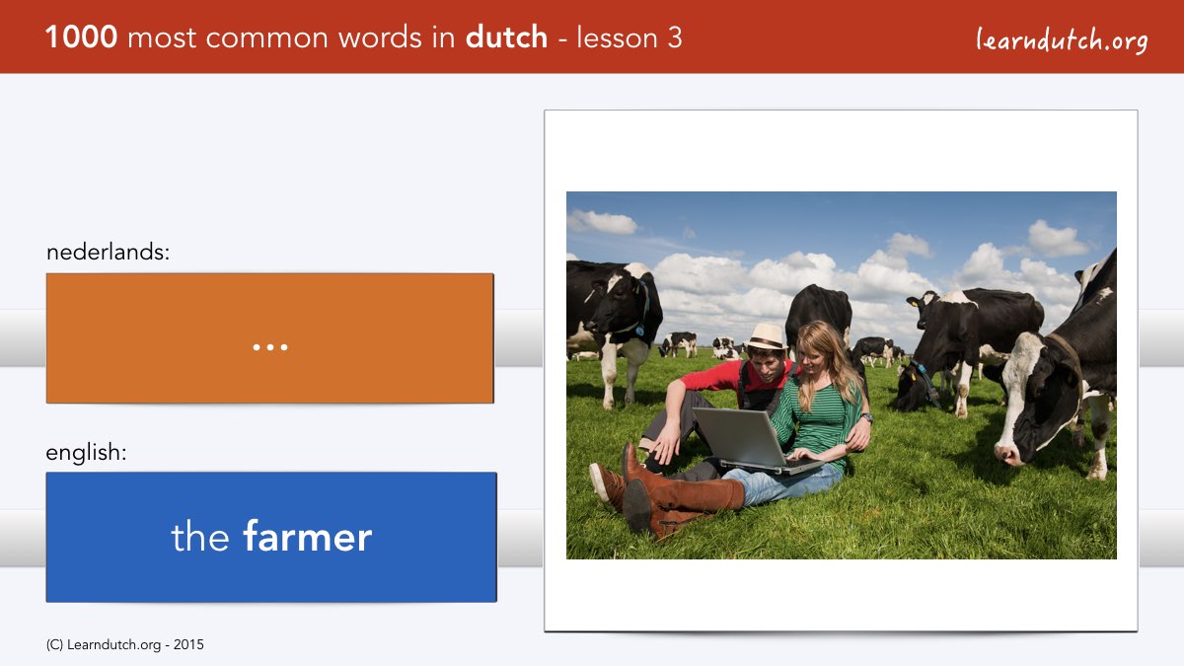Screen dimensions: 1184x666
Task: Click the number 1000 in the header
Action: (81, 37)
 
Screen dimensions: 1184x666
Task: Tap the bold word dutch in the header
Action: (506, 37)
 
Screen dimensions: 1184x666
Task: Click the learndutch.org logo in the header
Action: (1062, 39)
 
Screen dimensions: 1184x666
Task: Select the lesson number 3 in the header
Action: (675, 37)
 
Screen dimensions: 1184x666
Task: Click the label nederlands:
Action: (108, 252)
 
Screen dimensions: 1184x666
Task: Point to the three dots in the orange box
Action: (270, 347)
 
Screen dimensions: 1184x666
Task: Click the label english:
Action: (86, 453)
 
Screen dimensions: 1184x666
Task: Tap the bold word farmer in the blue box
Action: (308, 537)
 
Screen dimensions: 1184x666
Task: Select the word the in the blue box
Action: (199, 537)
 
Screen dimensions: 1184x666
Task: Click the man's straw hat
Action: (766, 336)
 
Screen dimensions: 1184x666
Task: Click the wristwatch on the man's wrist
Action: (866, 417)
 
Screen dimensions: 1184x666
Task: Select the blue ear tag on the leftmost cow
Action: (640, 331)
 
